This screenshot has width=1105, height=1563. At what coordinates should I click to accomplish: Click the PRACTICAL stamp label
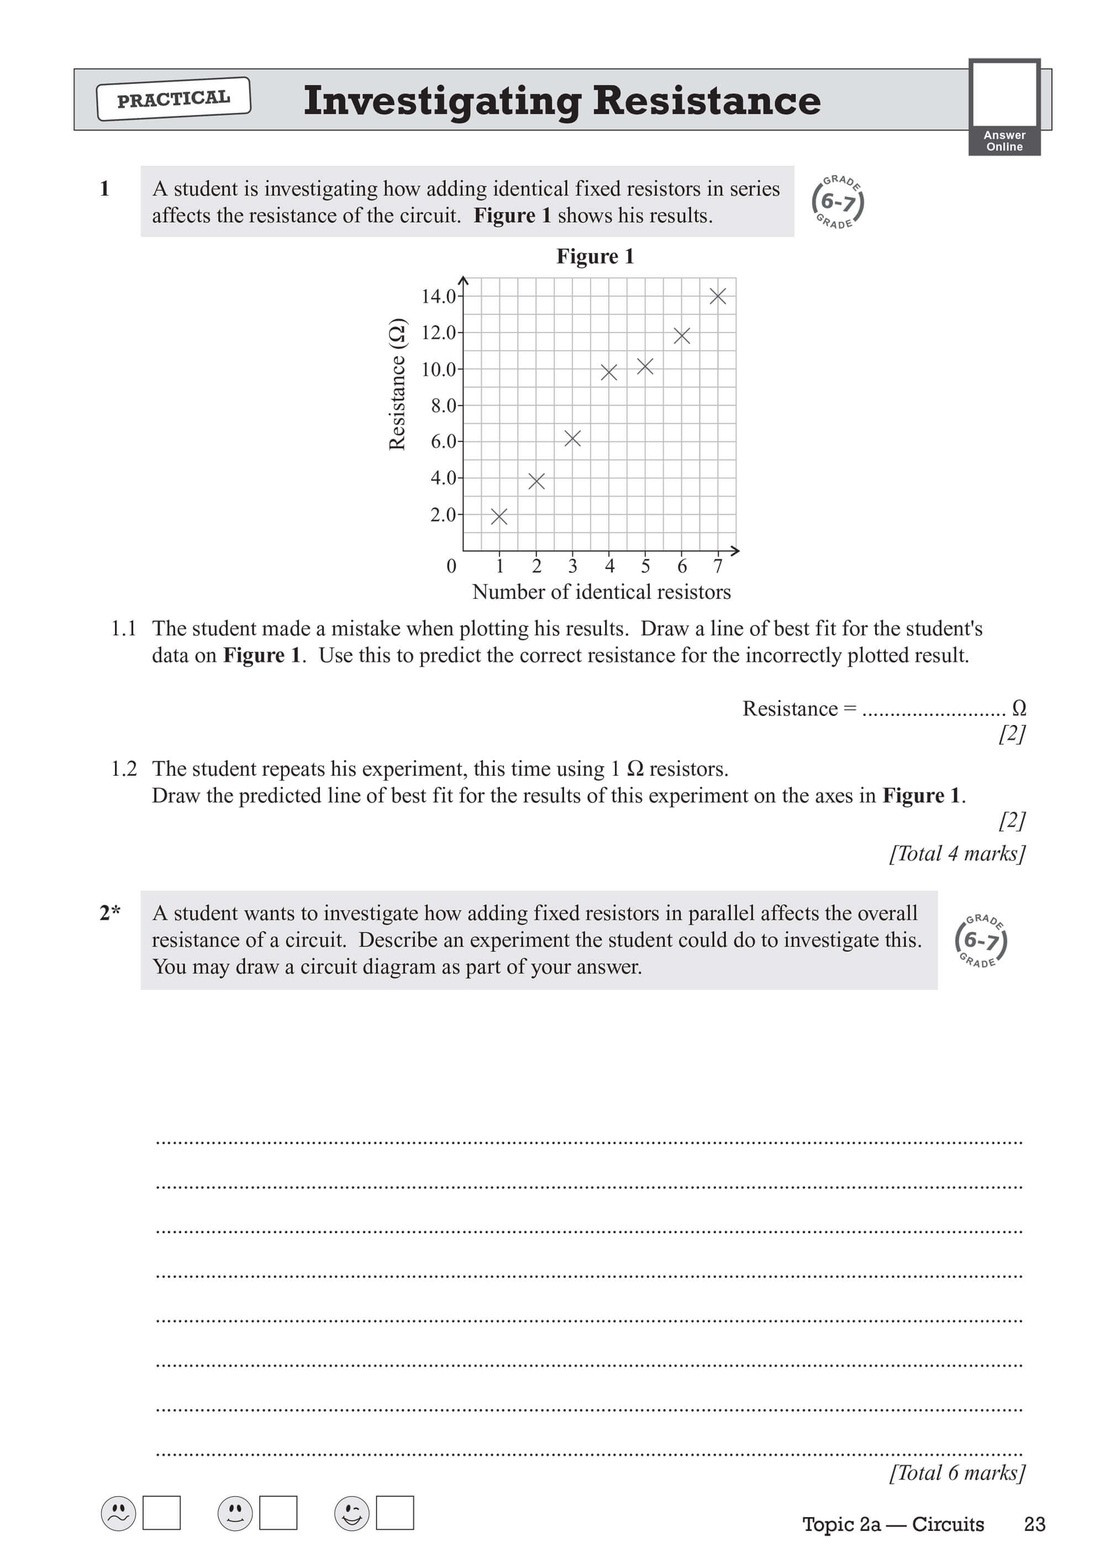173,99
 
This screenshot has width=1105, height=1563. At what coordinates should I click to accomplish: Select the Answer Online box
1004,107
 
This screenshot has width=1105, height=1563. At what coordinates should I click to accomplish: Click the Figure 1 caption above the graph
594,257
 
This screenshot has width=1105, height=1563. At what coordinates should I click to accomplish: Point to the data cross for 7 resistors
718,296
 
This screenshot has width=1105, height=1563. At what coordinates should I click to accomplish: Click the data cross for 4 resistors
609,372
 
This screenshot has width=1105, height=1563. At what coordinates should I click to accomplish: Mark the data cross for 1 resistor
499,517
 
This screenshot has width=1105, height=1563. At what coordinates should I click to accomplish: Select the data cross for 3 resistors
572,439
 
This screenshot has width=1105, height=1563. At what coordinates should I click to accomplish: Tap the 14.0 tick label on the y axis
438,297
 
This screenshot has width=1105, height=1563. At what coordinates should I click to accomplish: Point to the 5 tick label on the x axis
645,566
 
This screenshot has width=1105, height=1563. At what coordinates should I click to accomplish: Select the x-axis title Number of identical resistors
601,592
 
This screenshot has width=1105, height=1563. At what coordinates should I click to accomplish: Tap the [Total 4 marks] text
956,854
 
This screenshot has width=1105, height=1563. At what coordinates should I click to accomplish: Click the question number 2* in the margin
109,913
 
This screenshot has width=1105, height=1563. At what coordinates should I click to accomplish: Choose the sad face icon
118,1513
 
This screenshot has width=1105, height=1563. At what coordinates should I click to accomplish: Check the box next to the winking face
395,1513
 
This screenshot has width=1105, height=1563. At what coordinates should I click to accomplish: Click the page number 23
1034,1524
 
